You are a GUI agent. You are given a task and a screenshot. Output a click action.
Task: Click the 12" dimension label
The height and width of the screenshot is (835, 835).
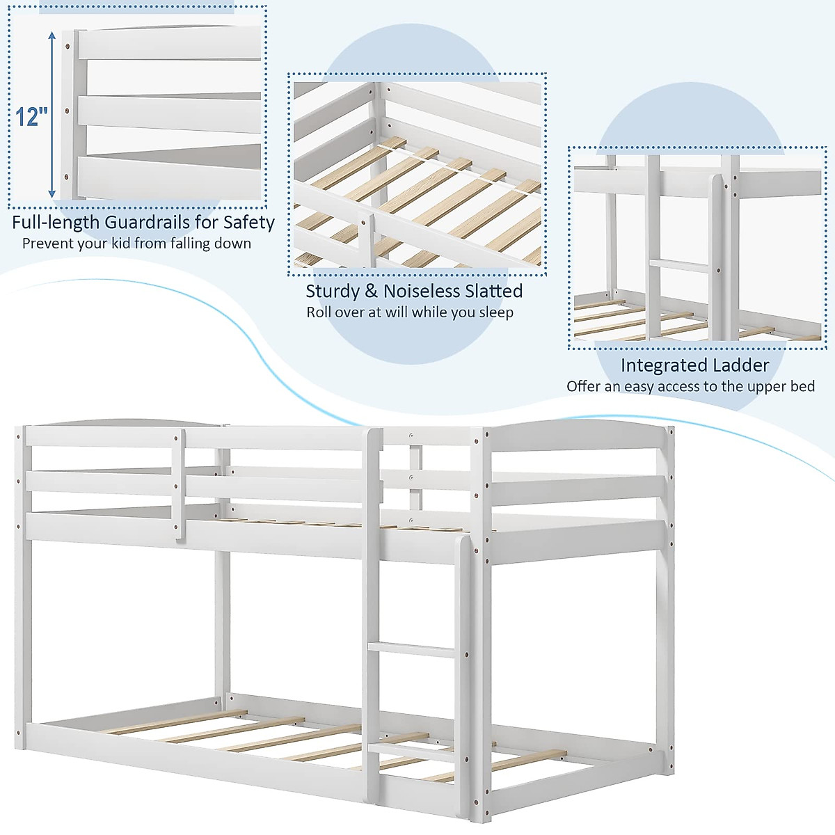click(32, 116)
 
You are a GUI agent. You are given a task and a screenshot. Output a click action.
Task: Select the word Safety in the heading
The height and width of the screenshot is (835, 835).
click(248, 223)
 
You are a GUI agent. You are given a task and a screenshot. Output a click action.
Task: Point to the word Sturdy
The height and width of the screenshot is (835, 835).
click(332, 292)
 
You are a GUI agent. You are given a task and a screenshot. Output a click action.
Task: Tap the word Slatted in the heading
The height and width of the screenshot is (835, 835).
click(494, 292)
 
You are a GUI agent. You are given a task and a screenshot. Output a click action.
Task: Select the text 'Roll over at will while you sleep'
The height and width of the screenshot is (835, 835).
click(410, 312)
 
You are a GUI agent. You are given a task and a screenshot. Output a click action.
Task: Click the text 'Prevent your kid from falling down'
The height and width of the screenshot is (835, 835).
click(136, 244)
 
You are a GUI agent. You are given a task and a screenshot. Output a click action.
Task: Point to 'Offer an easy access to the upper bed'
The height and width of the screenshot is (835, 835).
click(690, 387)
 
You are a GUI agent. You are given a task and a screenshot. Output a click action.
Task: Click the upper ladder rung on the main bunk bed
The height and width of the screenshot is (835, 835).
click(411, 650)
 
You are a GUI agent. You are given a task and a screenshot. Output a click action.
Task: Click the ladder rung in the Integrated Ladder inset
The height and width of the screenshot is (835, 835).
click(679, 265)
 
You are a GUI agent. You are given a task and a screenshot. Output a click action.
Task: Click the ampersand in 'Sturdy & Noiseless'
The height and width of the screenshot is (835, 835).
click(371, 292)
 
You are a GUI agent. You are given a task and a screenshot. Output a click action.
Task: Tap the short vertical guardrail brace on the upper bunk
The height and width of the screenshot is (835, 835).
click(179, 484)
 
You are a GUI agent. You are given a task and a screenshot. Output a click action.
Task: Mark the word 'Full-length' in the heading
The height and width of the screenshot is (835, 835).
click(56, 223)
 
